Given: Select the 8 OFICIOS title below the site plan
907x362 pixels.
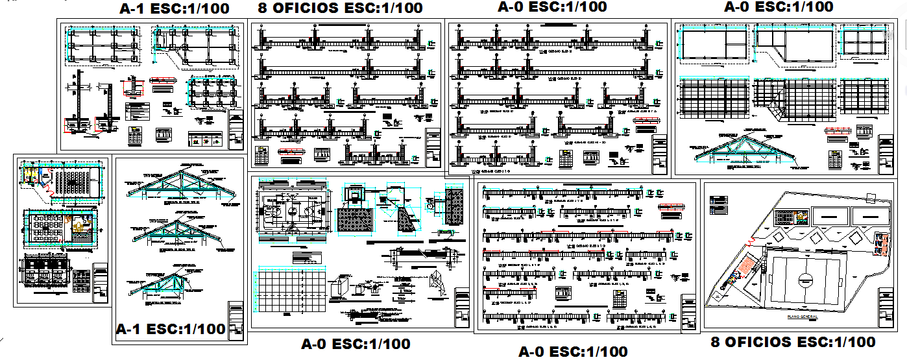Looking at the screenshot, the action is pos(793,342).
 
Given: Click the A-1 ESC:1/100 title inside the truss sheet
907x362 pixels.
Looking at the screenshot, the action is pos(171,329).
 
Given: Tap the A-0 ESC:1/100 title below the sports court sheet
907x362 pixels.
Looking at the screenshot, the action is pos(356,344).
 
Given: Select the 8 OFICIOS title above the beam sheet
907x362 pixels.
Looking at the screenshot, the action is pos(341,8).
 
